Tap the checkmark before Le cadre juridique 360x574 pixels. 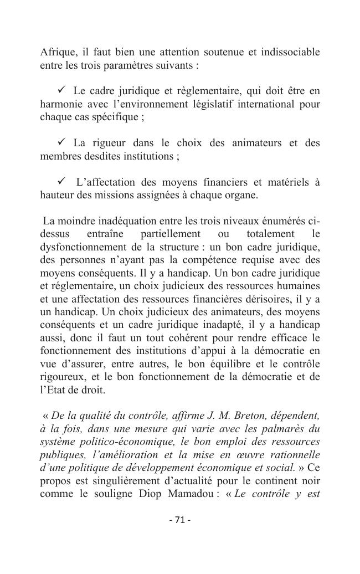point(61,90)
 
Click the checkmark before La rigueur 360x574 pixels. point(61,143)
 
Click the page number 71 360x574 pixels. point(179,520)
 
